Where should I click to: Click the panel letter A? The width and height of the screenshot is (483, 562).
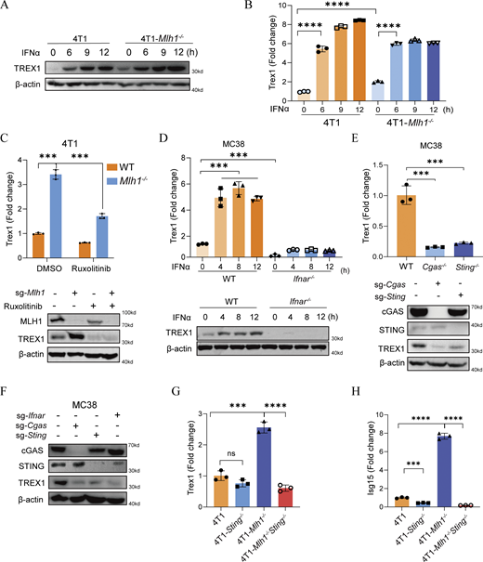7,8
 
